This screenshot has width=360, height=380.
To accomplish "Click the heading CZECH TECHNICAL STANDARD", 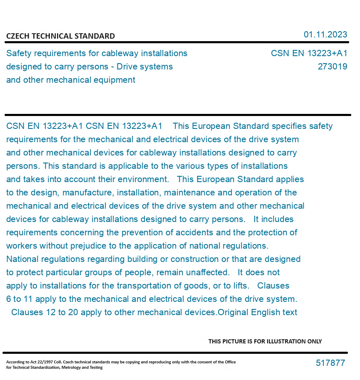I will pos(60,36).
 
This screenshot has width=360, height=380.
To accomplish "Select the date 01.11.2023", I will pos(325,35).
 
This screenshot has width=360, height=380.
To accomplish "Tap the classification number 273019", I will pos(332,67).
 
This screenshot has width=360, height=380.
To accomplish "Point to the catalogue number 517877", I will pos(330,363).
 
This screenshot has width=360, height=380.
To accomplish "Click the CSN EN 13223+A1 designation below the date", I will pos(309,53).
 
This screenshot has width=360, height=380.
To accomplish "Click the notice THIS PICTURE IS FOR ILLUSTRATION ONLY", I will pos(265,341).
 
